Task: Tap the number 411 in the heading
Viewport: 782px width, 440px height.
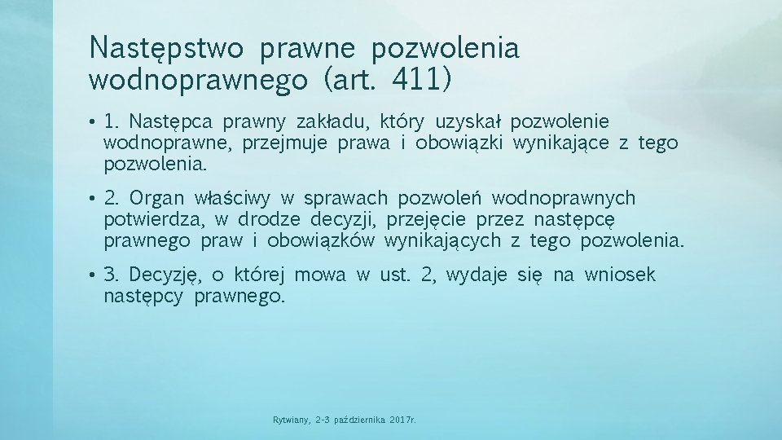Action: point(420,80)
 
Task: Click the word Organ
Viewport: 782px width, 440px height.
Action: point(156,198)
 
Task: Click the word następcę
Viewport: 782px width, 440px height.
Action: point(574,219)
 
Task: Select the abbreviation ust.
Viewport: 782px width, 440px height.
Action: point(394,275)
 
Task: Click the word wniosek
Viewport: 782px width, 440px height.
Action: point(620,275)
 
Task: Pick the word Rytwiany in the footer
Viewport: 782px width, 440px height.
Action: point(291,420)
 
